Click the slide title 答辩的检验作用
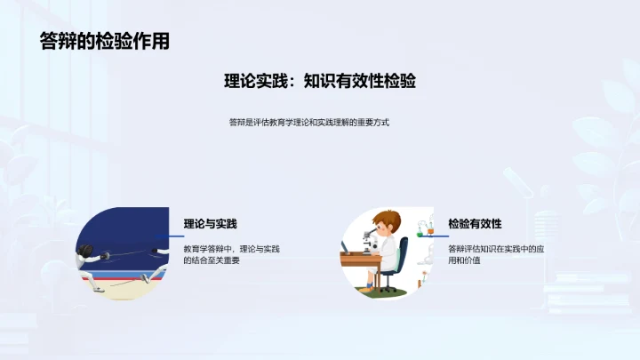point(105,41)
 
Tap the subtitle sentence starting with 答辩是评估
point(308,123)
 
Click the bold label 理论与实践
point(210,224)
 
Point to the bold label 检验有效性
point(475,224)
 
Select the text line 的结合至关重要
point(212,260)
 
